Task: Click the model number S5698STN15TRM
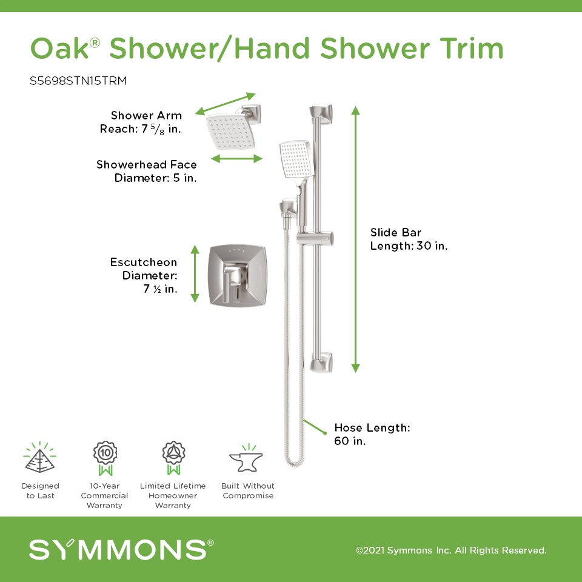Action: pos(78,81)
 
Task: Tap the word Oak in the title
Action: pos(60,48)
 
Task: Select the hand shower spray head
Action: pos(296,159)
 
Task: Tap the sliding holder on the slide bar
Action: pos(315,238)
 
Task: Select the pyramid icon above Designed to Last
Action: pos(40,458)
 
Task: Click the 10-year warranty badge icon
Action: pos(105,458)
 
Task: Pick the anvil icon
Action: pos(247,459)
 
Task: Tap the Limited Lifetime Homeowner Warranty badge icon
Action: pos(173,458)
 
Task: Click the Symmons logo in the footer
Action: pos(121,549)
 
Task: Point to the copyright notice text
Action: pos(451,550)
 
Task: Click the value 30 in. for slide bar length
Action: pos(432,246)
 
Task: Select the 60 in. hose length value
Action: pos(350,441)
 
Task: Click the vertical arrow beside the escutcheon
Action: pos(195,273)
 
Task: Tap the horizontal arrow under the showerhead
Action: pos(237,159)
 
